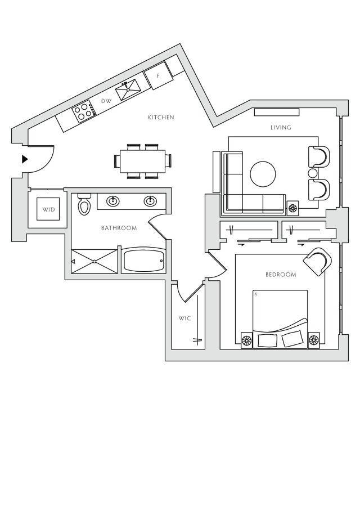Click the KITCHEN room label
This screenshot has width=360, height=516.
[161, 118]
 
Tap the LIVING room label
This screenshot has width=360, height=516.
[281, 128]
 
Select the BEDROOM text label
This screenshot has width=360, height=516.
[281, 275]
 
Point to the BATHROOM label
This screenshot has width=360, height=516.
[119, 228]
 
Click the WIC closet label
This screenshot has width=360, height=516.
[185, 318]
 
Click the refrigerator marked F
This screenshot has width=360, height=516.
[158, 76]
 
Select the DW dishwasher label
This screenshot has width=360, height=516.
[105, 101]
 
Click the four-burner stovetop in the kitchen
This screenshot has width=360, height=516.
[83, 110]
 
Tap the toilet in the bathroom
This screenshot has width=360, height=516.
[84, 206]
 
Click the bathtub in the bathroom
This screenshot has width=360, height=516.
[143, 261]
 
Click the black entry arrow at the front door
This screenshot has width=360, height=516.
[24, 159]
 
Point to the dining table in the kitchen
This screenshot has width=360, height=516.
[142, 161]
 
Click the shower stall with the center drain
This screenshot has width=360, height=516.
[94, 261]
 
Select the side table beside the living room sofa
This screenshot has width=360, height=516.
[292, 208]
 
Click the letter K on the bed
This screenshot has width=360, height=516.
[255, 294]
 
